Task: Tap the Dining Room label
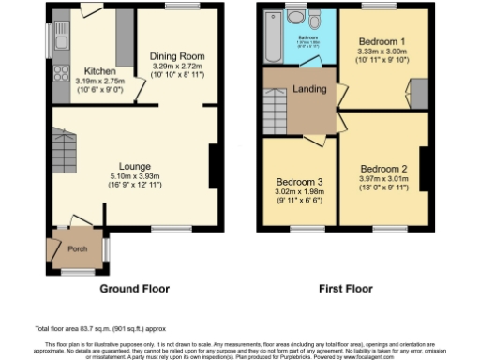pos(178,56)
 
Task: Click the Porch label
pos(76,249)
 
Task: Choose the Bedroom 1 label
pos(380,42)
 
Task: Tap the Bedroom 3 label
pos(299,182)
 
